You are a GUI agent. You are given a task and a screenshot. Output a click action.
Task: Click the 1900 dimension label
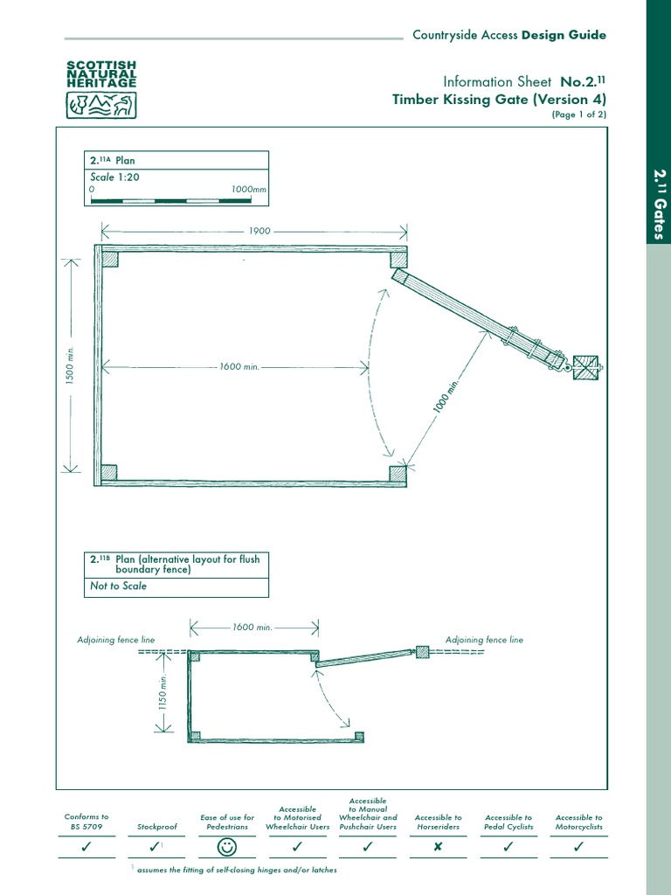[x=259, y=232]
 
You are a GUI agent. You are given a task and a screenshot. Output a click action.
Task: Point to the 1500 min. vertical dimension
[x=72, y=364]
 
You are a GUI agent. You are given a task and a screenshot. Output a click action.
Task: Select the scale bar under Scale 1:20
[x=176, y=199]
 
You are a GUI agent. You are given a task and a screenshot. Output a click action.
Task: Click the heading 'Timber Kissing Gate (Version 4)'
[x=499, y=100]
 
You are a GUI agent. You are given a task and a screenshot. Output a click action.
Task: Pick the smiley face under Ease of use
[x=227, y=846]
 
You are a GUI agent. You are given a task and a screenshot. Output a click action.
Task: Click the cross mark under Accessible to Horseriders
[x=438, y=846]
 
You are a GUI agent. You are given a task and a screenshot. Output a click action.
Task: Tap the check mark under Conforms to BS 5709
[x=86, y=846]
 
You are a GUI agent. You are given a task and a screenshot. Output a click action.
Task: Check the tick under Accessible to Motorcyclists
[x=578, y=846]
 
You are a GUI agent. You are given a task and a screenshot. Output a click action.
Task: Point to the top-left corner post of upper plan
[x=108, y=259]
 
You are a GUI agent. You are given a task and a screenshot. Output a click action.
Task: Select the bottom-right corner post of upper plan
[x=398, y=473]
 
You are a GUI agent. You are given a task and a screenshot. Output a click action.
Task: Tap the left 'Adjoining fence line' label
[x=116, y=640]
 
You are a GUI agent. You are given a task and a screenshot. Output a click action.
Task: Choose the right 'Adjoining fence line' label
[x=484, y=640]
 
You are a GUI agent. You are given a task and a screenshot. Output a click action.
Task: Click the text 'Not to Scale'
[x=119, y=586]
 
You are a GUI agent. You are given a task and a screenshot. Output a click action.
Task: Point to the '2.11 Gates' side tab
[x=660, y=205]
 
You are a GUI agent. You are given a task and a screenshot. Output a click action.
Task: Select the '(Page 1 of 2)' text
[x=578, y=114]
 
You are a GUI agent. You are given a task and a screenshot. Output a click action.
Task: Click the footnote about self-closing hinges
[x=236, y=870]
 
